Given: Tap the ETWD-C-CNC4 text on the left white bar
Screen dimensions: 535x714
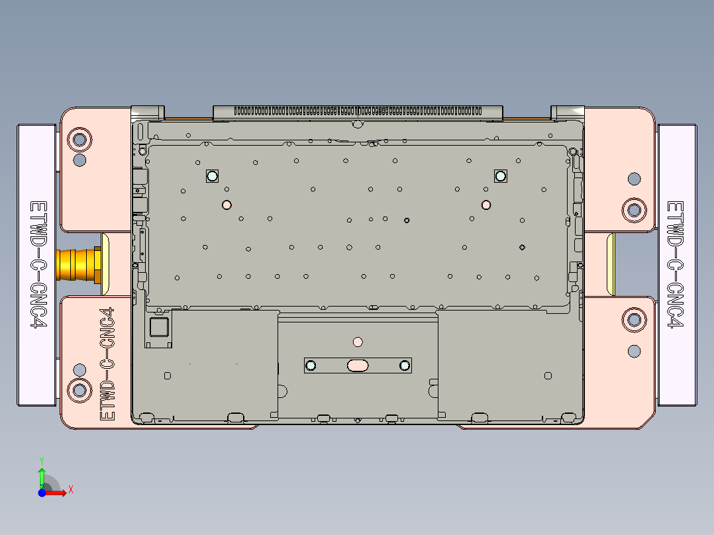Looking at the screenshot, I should [37, 265].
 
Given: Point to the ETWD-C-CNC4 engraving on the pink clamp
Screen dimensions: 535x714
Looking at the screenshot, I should [107, 364].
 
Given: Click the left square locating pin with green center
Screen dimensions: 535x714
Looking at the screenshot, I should [212, 175].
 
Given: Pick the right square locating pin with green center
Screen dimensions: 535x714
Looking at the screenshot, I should [500, 175].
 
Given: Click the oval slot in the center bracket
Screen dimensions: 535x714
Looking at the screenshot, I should [358, 365].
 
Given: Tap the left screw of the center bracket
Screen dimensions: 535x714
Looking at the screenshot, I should [311, 365].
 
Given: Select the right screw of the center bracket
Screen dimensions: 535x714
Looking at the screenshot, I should [405, 365].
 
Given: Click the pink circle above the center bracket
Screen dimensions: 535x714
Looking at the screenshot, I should [358, 342].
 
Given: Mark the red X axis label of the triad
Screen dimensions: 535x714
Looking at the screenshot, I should [71, 489].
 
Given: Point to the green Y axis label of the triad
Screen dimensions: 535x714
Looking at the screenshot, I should [41, 458].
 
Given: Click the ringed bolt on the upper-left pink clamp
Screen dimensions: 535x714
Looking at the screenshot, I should [79, 139].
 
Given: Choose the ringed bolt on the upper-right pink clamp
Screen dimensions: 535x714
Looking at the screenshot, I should [634, 209].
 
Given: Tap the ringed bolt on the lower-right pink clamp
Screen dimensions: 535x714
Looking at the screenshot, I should [634, 320].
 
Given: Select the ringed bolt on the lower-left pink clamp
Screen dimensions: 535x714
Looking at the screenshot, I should [79, 389].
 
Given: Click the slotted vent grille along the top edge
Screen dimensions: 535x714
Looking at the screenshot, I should [358, 111].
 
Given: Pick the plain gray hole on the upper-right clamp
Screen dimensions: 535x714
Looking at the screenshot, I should [634, 178].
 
